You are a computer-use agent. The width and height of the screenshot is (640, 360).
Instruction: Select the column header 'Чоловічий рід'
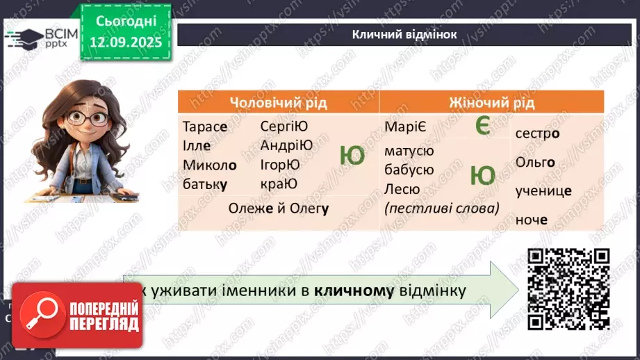pos(278,103)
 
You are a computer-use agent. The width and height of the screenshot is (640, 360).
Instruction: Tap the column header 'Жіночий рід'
pos(495,103)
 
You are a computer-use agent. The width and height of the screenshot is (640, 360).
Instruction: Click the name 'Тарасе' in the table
pos(204,127)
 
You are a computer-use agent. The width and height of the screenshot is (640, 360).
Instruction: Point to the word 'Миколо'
pos(210,165)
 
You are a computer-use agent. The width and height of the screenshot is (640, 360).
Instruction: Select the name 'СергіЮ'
pos(284,126)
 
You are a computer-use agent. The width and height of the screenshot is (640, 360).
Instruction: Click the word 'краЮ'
pos(279,183)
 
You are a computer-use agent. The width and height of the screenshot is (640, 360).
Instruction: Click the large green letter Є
pos(483,126)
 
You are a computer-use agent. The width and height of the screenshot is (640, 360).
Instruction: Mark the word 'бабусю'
pos(409,170)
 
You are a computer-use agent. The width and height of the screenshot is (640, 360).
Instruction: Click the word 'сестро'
pos(538,133)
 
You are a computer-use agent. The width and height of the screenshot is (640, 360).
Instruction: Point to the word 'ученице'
pos(543,191)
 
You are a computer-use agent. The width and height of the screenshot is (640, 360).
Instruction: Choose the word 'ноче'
pos(532,220)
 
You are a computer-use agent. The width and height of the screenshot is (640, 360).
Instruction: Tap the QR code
pos(568,288)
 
